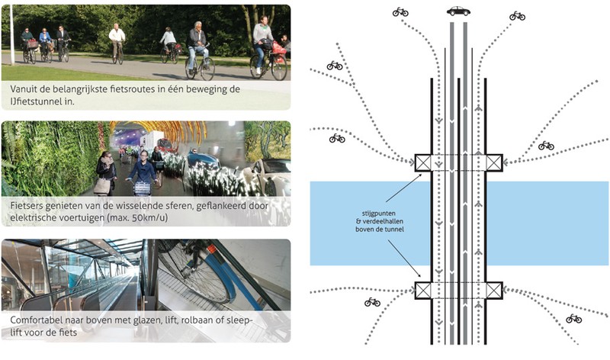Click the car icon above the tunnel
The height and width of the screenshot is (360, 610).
(458, 11)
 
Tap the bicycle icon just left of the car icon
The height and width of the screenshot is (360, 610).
(400, 12)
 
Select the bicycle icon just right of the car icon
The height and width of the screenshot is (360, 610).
(517, 14)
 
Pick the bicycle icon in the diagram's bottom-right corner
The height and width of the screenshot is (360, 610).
(573, 318)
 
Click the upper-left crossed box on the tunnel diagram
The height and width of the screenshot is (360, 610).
(422, 162)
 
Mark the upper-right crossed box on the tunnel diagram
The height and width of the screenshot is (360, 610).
(494, 162)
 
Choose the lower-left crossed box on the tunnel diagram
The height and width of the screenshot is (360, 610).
(422, 289)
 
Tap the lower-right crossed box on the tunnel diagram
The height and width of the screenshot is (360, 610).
(494, 289)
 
